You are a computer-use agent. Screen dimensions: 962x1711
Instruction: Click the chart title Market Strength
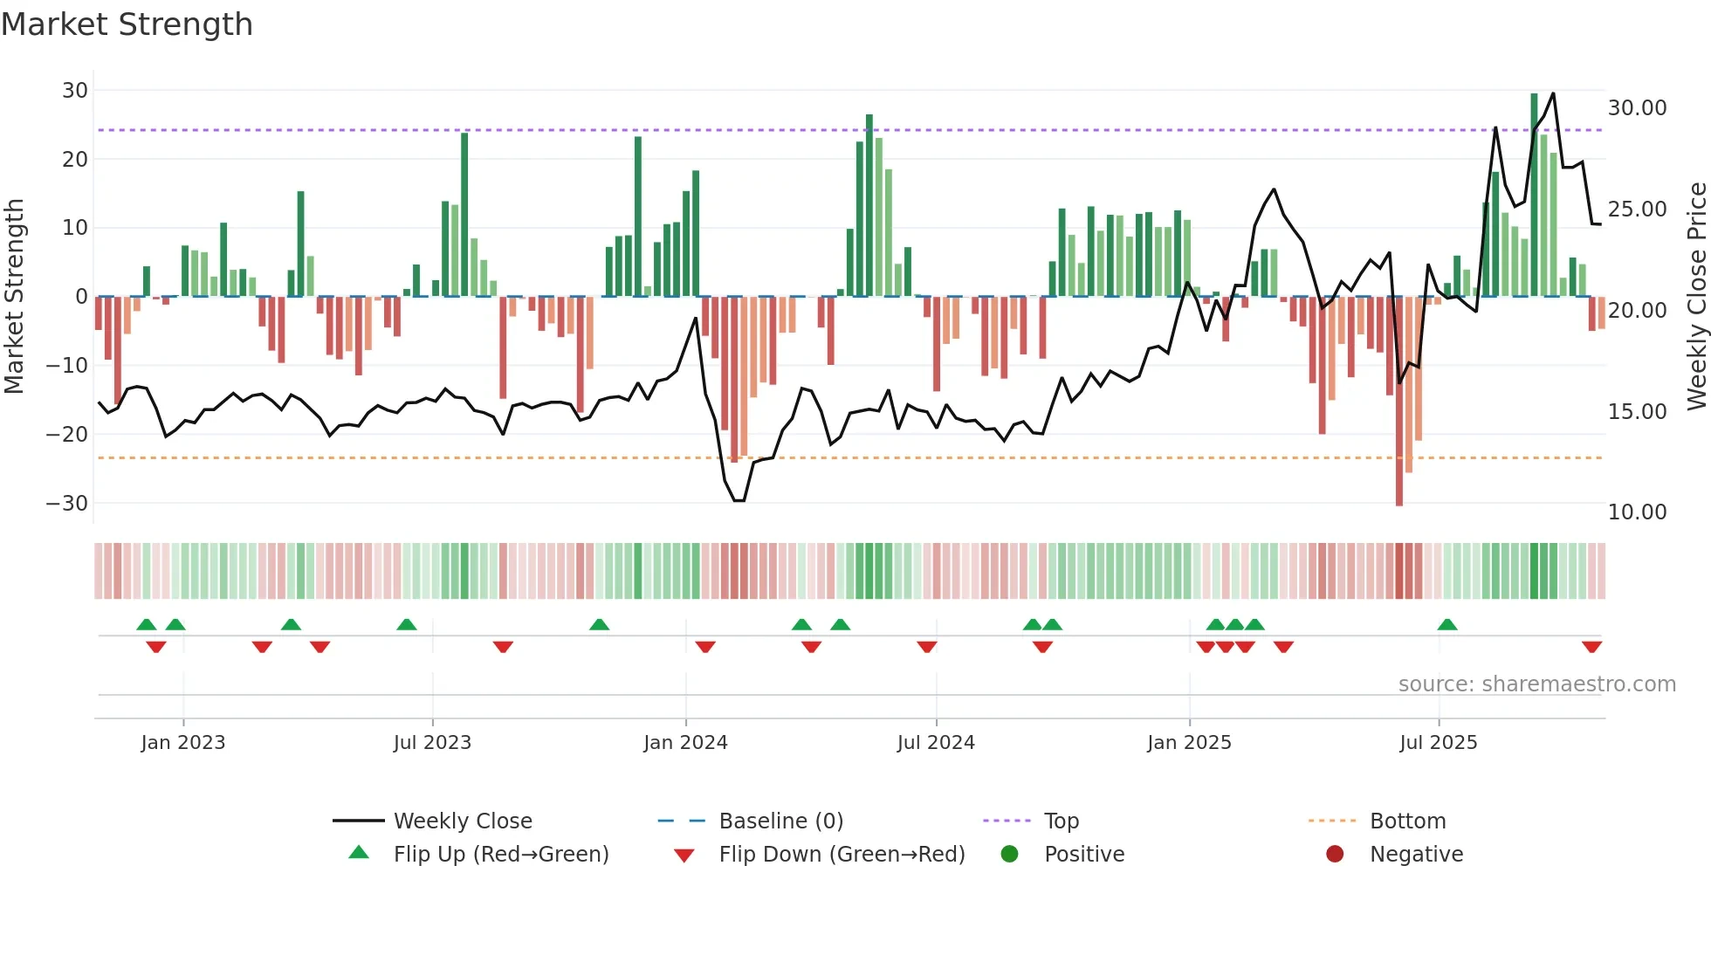(127, 24)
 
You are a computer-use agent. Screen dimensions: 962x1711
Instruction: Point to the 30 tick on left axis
(75, 90)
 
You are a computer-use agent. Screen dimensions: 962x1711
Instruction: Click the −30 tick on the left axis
(68, 503)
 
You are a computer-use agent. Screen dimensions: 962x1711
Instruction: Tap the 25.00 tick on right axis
(1637, 209)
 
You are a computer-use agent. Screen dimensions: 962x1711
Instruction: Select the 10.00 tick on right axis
(1637, 512)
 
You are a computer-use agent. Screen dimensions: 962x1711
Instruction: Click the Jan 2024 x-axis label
(685, 742)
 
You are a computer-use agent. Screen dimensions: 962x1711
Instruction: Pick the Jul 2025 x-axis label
(1438, 742)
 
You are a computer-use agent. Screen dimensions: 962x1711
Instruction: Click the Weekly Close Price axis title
(1696, 296)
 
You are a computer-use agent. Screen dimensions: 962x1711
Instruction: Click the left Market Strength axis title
(15, 296)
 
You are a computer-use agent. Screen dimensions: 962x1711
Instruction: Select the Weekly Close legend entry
(462, 821)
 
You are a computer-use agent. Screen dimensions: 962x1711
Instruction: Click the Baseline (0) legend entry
(780, 821)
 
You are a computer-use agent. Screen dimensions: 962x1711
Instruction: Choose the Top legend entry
(1061, 821)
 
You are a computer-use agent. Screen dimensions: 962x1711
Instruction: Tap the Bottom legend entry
(1407, 821)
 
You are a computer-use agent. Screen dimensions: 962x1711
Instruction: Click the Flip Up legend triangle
(359, 853)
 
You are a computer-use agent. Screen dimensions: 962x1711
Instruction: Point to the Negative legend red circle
(1335, 854)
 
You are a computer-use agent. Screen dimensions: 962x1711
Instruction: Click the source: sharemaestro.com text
(1536, 684)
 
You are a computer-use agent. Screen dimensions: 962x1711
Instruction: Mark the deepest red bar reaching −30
(1399, 402)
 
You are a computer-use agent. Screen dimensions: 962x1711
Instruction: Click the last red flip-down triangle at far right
(1591, 647)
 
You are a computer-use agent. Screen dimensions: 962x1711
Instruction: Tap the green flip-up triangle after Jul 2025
(1447, 624)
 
